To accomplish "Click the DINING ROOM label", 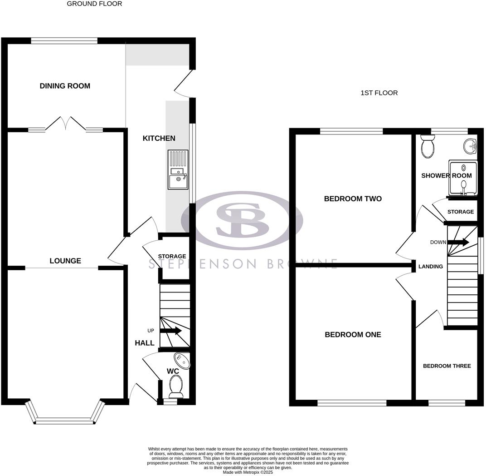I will click(x=65, y=86).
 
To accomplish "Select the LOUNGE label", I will click(x=65, y=261).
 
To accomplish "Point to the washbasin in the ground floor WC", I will click(x=183, y=361).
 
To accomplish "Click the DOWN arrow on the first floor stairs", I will click(x=458, y=242).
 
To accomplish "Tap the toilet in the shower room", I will click(x=428, y=146).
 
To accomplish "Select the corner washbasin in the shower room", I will click(x=471, y=146).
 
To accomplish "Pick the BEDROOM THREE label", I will click(x=447, y=366).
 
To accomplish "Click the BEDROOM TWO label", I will click(x=353, y=198).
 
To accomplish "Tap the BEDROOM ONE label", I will click(x=353, y=335).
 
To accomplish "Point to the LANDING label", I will click(x=430, y=267).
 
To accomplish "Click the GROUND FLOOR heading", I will click(x=94, y=4).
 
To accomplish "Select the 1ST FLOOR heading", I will click(x=379, y=93).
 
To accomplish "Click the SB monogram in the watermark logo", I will click(x=241, y=220).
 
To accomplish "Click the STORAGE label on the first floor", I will click(x=461, y=212).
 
